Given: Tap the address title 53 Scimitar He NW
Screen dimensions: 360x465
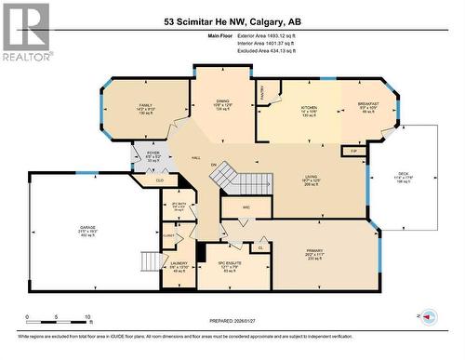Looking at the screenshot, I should pyautogui.click(x=232, y=20).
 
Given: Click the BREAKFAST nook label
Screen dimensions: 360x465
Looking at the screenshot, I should pyautogui.click(x=368, y=106).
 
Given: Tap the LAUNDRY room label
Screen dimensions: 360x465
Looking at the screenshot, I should pyautogui.click(x=179, y=266).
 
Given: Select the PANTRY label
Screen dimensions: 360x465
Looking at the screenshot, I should pyautogui.click(x=263, y=93).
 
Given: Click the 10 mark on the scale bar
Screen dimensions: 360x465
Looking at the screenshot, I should pyautogui.click(x=86, y=317).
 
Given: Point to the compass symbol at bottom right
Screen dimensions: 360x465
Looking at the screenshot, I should pyautogui.click(x=427, y=318).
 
